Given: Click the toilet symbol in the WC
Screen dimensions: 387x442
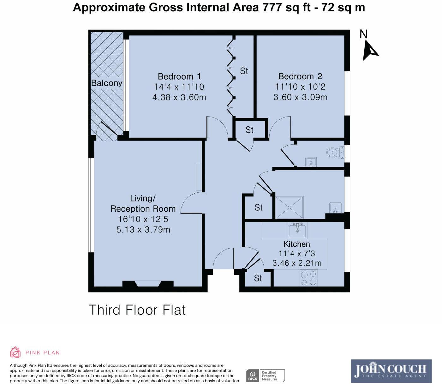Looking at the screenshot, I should click(335, 152).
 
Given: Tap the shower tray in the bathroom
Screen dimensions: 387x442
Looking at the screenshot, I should click(290, 208).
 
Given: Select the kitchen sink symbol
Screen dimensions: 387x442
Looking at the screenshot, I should click(297, 230).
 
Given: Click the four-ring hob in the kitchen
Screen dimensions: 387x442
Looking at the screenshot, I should click(309, 278).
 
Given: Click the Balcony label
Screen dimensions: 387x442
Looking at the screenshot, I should click(107, 83).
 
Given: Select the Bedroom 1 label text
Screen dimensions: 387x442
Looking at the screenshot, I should click(179, 76).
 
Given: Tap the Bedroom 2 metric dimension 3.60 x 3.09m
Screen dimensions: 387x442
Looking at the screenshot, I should click(300, 97).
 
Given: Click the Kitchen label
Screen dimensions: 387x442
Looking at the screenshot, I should click(296, 244).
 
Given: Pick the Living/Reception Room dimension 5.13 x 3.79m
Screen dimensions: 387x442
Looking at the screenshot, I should click(143, 229).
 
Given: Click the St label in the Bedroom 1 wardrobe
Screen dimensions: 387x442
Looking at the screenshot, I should click(244, 71).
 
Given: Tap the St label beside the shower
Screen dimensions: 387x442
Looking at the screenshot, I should click(259, 208).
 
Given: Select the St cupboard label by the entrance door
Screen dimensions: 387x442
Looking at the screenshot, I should click(258, 278).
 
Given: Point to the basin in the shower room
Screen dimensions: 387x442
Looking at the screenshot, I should click(334, 208).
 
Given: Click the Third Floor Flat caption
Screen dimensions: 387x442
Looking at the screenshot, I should click(137, 310).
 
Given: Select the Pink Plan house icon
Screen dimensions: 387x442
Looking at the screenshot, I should click(15, 352).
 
